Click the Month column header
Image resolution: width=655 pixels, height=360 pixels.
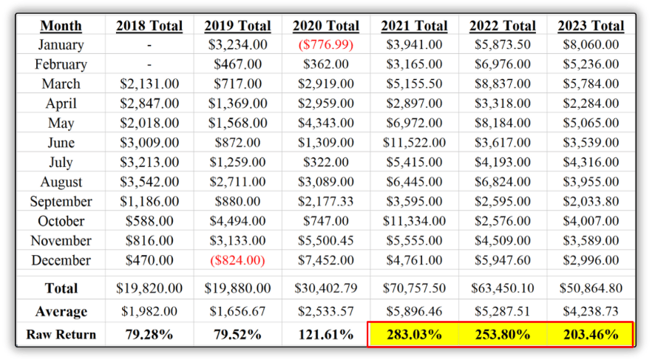click(61, 26)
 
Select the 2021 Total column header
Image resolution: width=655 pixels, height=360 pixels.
click(413, 26)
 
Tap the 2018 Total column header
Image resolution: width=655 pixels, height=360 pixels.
click(149, 26)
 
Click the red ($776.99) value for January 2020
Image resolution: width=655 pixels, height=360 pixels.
click(325, 45)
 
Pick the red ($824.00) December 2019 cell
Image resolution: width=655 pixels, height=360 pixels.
click(237, 260)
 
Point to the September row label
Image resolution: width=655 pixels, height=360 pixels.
click(61, 202)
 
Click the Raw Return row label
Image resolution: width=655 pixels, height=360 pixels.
click(61, 334)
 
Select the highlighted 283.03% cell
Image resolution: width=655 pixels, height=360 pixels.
click(413, 334)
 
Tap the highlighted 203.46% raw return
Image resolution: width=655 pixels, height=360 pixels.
click(590, 334)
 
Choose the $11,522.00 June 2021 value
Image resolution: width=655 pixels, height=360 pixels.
click(413, 143)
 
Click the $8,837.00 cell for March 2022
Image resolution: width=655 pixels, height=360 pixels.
click(502, 84)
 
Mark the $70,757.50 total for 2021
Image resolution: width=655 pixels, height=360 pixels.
click(413, 288)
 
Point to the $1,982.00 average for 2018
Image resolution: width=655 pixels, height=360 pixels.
click(149, 312)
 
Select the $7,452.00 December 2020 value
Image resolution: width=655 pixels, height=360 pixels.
click(325, 260)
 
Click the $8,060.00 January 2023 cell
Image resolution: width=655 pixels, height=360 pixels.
click(590, 45)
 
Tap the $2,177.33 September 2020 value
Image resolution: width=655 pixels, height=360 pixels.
click(325, 202)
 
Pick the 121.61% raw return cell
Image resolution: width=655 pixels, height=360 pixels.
click(325, 334)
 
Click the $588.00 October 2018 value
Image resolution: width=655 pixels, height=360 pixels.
click(149, 221)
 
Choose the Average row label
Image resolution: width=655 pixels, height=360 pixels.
click(61, 312)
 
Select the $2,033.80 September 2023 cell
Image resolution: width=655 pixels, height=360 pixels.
click(590, 202)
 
